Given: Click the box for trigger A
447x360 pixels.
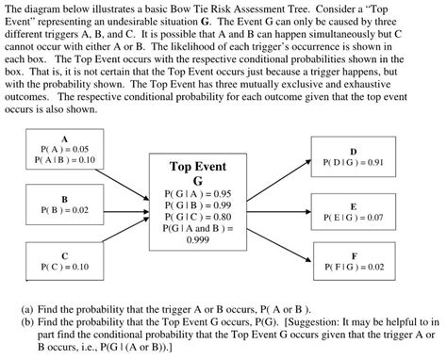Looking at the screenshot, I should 64,151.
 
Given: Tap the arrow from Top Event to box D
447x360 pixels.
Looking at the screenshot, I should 278,172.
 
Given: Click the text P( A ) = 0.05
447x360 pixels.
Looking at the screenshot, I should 64,149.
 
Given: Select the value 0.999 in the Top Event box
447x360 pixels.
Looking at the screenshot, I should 198,239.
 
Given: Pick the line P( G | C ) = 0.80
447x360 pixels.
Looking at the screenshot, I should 198,216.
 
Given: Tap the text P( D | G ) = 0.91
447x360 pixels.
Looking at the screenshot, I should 353,162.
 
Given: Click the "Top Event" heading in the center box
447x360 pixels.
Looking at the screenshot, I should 198,167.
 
